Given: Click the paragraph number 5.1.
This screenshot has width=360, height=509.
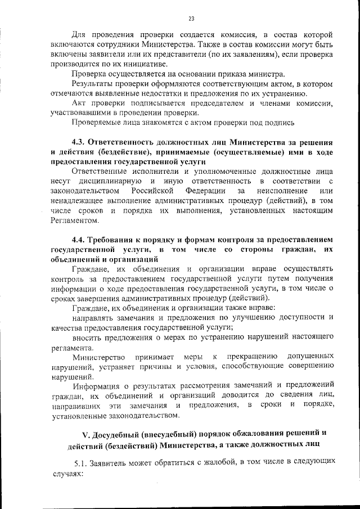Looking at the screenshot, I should [84, 462].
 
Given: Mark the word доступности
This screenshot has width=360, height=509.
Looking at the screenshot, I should [305, 317].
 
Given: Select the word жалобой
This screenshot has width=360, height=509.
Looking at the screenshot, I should [219, 462].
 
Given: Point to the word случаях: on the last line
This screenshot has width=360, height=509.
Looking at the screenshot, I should [67, 472].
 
